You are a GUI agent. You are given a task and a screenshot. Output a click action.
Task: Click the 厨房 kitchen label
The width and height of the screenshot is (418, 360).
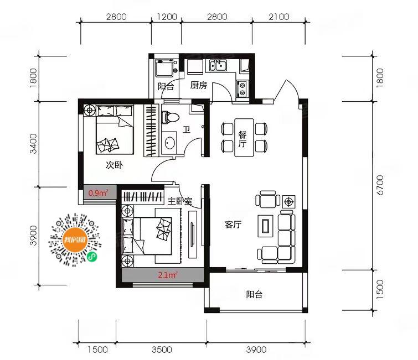pyautogui.click(x=199, y=86)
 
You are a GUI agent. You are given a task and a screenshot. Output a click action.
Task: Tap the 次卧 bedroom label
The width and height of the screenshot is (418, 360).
pyautogui.click(x=115, y=165)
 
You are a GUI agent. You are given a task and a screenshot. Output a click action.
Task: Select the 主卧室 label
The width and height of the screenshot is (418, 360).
pyautogui.click(x=180, y=201)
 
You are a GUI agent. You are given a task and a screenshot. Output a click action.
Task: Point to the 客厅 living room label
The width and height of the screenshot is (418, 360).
pyautogui.click(x=233, y=225)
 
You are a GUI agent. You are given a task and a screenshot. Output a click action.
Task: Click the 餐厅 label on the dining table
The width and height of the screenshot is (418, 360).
pyautogui.click(x=242, y=139)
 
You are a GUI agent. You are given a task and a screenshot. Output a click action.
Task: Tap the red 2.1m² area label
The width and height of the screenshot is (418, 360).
pyautogui.click(x=168, y=275)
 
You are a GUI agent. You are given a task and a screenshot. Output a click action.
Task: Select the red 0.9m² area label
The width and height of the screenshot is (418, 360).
pyautogui.click(x=99, y=192)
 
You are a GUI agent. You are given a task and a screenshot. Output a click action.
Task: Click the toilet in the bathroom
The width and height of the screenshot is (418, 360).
pyautogui.click(x=170, y=117)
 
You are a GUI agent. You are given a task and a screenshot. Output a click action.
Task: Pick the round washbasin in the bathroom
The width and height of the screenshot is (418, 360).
pyautogui.click(x=169, y=143)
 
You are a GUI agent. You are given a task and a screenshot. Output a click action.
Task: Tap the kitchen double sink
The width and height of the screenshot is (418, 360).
pyautogui.click(x=218, y=65)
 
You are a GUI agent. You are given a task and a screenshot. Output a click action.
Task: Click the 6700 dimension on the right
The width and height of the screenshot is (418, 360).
pyautogui.click(x=380, y=185)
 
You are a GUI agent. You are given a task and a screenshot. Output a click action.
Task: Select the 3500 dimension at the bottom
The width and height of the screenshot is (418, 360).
pyautogui.click(x=162, y=349)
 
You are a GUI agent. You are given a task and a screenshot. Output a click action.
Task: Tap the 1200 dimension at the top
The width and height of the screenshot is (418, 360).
pyautogui.click(x=167, y=17)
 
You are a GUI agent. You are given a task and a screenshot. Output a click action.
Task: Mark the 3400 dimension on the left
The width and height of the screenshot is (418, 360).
pyautogui.click(x=34, y=144)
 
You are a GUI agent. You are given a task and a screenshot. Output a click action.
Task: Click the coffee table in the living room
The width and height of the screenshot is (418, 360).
pyautogui.click(x=266, y=226)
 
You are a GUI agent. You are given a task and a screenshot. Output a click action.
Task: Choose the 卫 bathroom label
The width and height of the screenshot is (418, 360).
pyautogui.click(x=187, y=129)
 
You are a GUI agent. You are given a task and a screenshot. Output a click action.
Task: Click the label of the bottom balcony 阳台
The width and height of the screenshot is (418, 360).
pyautogui.click(x=254, y=295)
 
